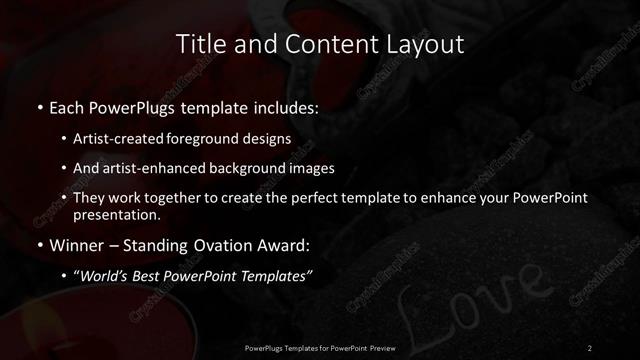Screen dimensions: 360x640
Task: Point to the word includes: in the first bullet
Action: point(284,107)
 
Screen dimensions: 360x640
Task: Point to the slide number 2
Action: point(590,347)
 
